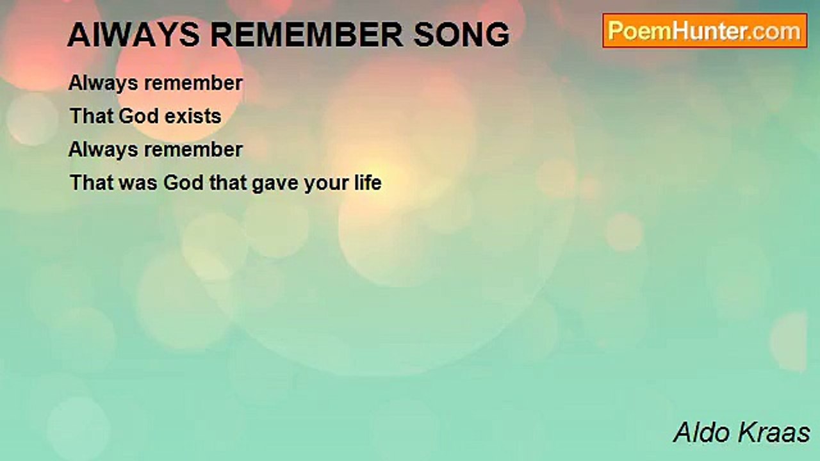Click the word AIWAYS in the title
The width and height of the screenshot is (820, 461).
[134, 35]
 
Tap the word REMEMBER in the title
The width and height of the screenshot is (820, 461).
[307, 35]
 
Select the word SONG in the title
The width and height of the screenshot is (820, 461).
[462, 35]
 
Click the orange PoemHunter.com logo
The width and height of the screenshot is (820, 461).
[705, 31]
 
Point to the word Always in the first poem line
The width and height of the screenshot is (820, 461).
[103, 84]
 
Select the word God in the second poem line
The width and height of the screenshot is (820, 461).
[138, 117]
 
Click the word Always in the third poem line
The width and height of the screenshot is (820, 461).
[103, 150]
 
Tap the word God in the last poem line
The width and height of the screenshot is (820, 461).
[183, 182]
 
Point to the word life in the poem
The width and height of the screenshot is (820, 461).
[368, 182]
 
